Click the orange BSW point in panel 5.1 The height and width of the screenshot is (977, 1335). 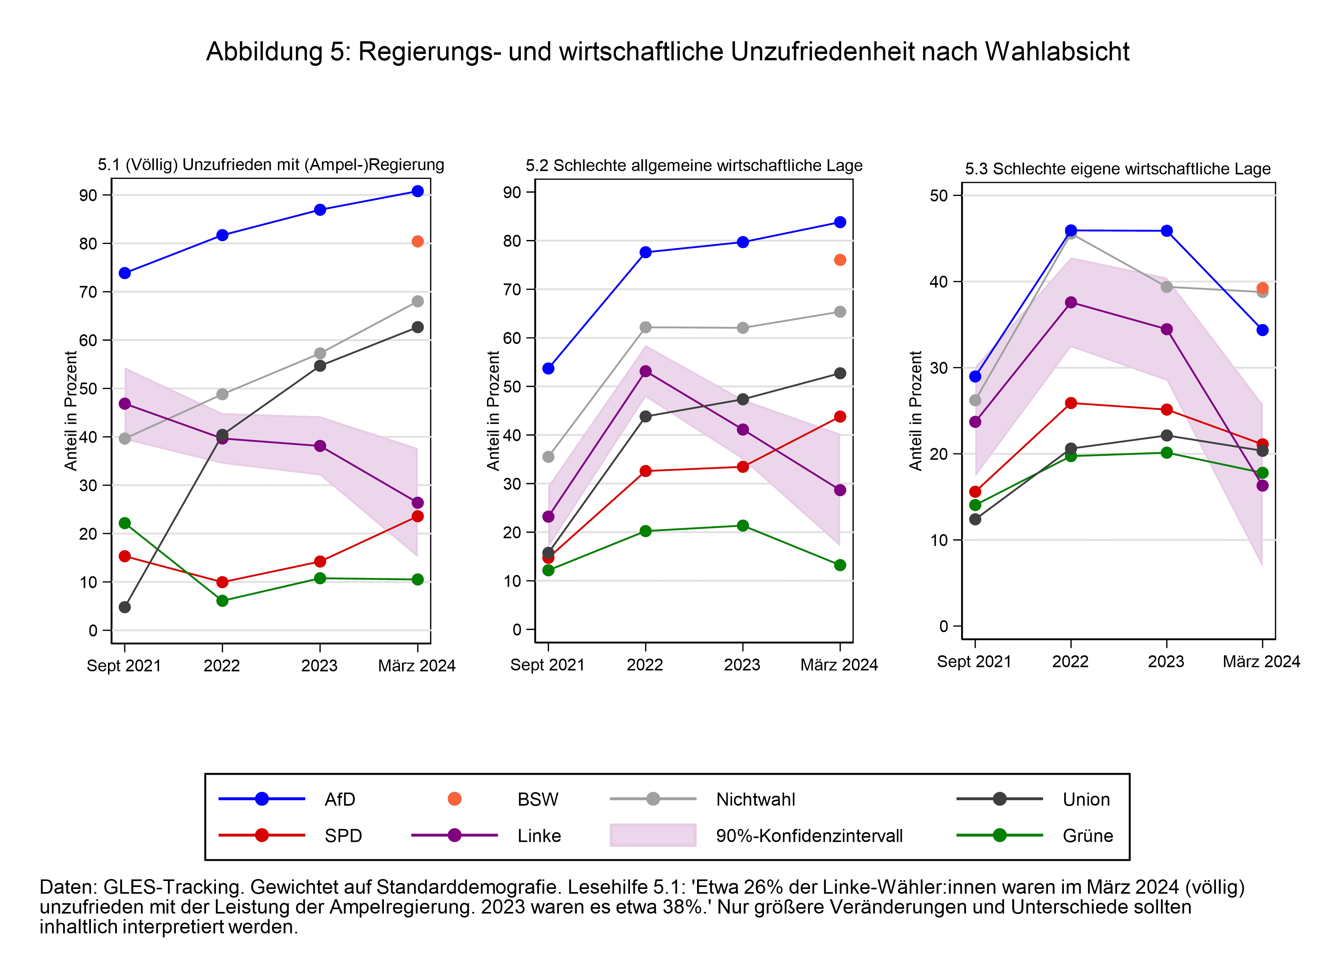click(x=417, y=241)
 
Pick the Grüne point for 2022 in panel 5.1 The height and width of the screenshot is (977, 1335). click(x=222, y=601)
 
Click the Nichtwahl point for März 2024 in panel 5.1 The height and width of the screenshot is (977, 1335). click(x=417, y=301)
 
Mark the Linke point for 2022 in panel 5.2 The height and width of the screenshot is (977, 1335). click(x=645, y=371)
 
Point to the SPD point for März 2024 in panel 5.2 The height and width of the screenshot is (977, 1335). click(x=840, y=417)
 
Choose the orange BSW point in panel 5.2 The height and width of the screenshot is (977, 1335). click(x=840, y=260)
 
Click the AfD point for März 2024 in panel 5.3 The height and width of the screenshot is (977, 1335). click(x=1262, y=330)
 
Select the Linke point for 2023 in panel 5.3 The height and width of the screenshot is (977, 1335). click(x=1166, y=329)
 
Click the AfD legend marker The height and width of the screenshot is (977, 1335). click(x=262, y=799)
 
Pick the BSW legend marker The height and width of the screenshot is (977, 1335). click(x=455, y=799)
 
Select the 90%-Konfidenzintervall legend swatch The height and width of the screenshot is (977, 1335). click(x=653, y=835)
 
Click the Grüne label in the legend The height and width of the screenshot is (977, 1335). click(x=1088, y=836)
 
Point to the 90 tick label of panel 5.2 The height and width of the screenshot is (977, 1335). click(x=512, y=192)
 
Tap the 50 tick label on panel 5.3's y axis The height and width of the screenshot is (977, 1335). click(x=938, y=196)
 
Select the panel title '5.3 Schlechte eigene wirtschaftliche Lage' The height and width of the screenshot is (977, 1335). click(x=1118, y=169)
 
